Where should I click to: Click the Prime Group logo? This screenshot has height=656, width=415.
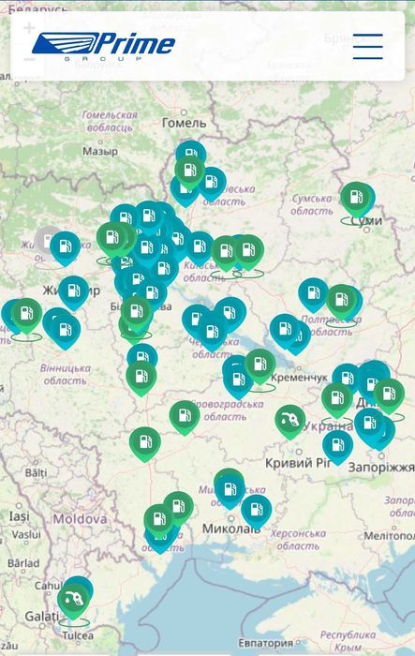pos(103,45)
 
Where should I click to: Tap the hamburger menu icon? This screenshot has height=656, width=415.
pos(367,46)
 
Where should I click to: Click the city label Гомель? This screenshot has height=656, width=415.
pos(184,123)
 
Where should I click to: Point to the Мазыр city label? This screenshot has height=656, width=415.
pos(99,150)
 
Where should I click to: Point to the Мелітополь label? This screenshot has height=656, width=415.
pos(389,535)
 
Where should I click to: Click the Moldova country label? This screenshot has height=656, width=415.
pos(79,518)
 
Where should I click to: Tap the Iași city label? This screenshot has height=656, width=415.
pos(19,516)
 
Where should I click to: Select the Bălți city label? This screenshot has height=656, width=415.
pos(36,473)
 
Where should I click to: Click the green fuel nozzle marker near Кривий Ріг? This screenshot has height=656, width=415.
pos(290,419)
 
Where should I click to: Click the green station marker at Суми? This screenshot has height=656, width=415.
pos(356,198)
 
